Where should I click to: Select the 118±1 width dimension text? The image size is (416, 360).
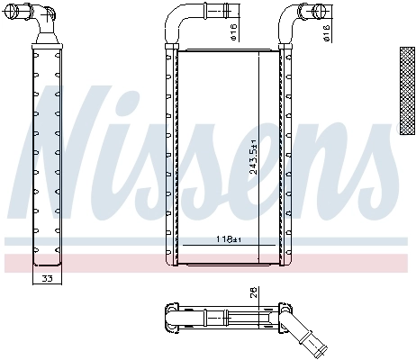(229, 238)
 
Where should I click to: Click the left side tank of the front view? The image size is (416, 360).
(169, 157)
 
